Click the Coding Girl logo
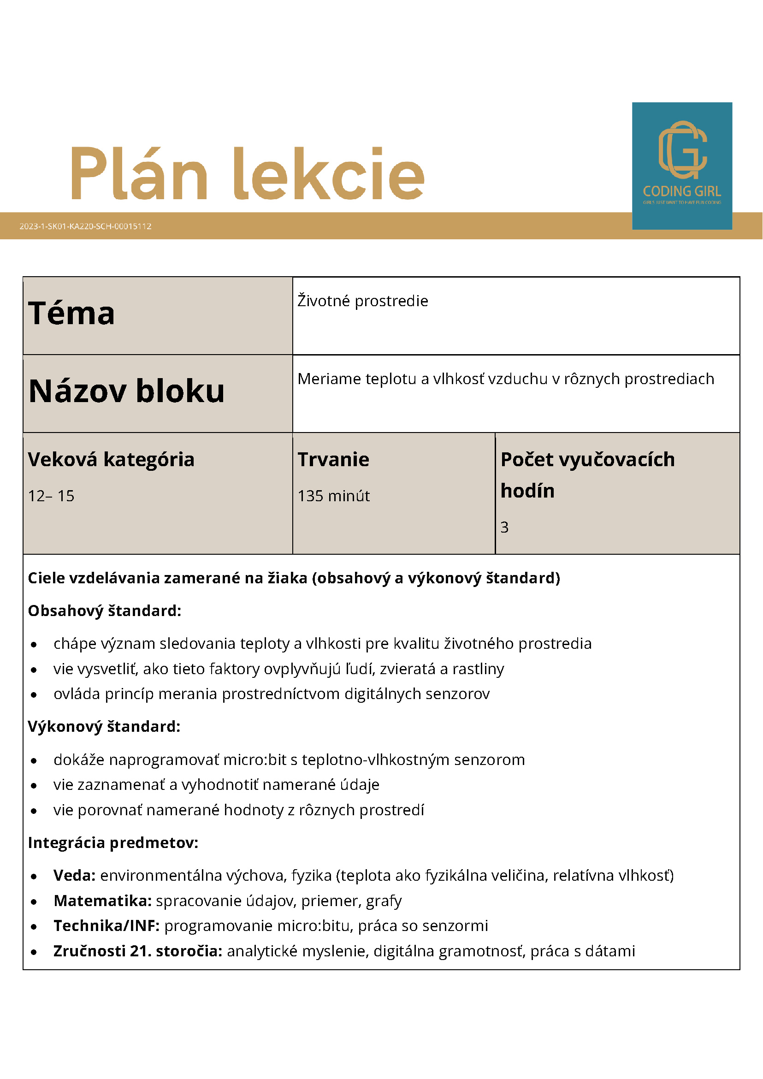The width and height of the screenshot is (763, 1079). pos(682,166)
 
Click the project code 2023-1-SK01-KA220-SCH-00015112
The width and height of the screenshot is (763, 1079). pos(85,226)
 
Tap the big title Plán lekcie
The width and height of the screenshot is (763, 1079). pos(248,174)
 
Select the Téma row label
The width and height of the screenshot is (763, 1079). pos(71,314)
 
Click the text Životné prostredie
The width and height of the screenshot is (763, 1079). pos(363,301)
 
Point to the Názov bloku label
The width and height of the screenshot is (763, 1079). pos(126,391)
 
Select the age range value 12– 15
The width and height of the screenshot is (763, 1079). pos(51,496)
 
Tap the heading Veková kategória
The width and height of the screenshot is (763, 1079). pos(111,459)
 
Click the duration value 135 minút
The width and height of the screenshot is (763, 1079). pos(334,496)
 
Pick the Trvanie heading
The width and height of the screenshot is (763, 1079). pos(333,459)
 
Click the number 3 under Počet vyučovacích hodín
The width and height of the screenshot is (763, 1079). pos(504,528)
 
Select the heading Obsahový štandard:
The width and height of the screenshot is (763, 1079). pos(104,611)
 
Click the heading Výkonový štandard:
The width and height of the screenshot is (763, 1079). pos(104,726)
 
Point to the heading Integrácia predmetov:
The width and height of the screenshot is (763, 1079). pos(113,842)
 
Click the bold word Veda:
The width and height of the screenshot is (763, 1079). pos(74,875)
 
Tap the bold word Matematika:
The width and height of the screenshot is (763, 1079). pos(102,901)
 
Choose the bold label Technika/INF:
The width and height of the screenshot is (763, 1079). pos(106,925)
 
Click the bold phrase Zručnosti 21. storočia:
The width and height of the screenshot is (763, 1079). pos(138,951)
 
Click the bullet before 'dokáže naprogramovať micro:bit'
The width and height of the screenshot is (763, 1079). pos(34,760)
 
